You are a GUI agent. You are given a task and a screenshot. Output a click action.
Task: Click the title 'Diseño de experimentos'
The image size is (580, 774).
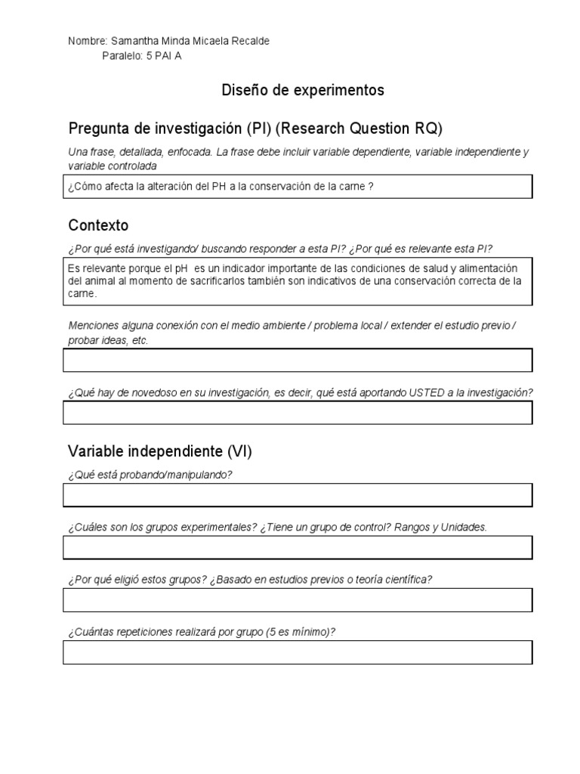tap(302, 91)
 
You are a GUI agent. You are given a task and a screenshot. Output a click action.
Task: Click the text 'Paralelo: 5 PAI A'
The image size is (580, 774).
tap(141, 55)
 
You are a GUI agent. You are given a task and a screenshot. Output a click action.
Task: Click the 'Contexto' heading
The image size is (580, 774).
tap(98, 225)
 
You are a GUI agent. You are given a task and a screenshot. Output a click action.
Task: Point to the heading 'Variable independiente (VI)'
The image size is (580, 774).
tap(160, 452)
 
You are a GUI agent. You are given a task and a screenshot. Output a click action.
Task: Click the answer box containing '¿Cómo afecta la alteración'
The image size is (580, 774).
tap(298, 186)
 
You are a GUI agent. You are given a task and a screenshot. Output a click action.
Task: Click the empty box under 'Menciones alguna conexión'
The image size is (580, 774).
tap(298, 360)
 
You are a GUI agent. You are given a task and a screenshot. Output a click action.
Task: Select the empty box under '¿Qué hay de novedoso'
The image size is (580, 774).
tap(298, 413)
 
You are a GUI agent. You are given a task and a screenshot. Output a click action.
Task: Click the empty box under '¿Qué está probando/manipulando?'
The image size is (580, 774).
tap(298, 495)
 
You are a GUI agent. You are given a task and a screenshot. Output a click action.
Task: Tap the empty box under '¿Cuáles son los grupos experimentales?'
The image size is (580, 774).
tap(298, 547)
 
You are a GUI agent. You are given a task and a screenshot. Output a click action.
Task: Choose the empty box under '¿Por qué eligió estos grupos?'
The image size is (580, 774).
tap(298, 600)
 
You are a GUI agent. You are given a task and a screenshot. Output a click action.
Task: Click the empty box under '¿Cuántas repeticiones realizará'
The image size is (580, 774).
tap(298, 652)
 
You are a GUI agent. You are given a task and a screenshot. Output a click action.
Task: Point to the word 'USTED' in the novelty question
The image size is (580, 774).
tap(428, 393)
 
